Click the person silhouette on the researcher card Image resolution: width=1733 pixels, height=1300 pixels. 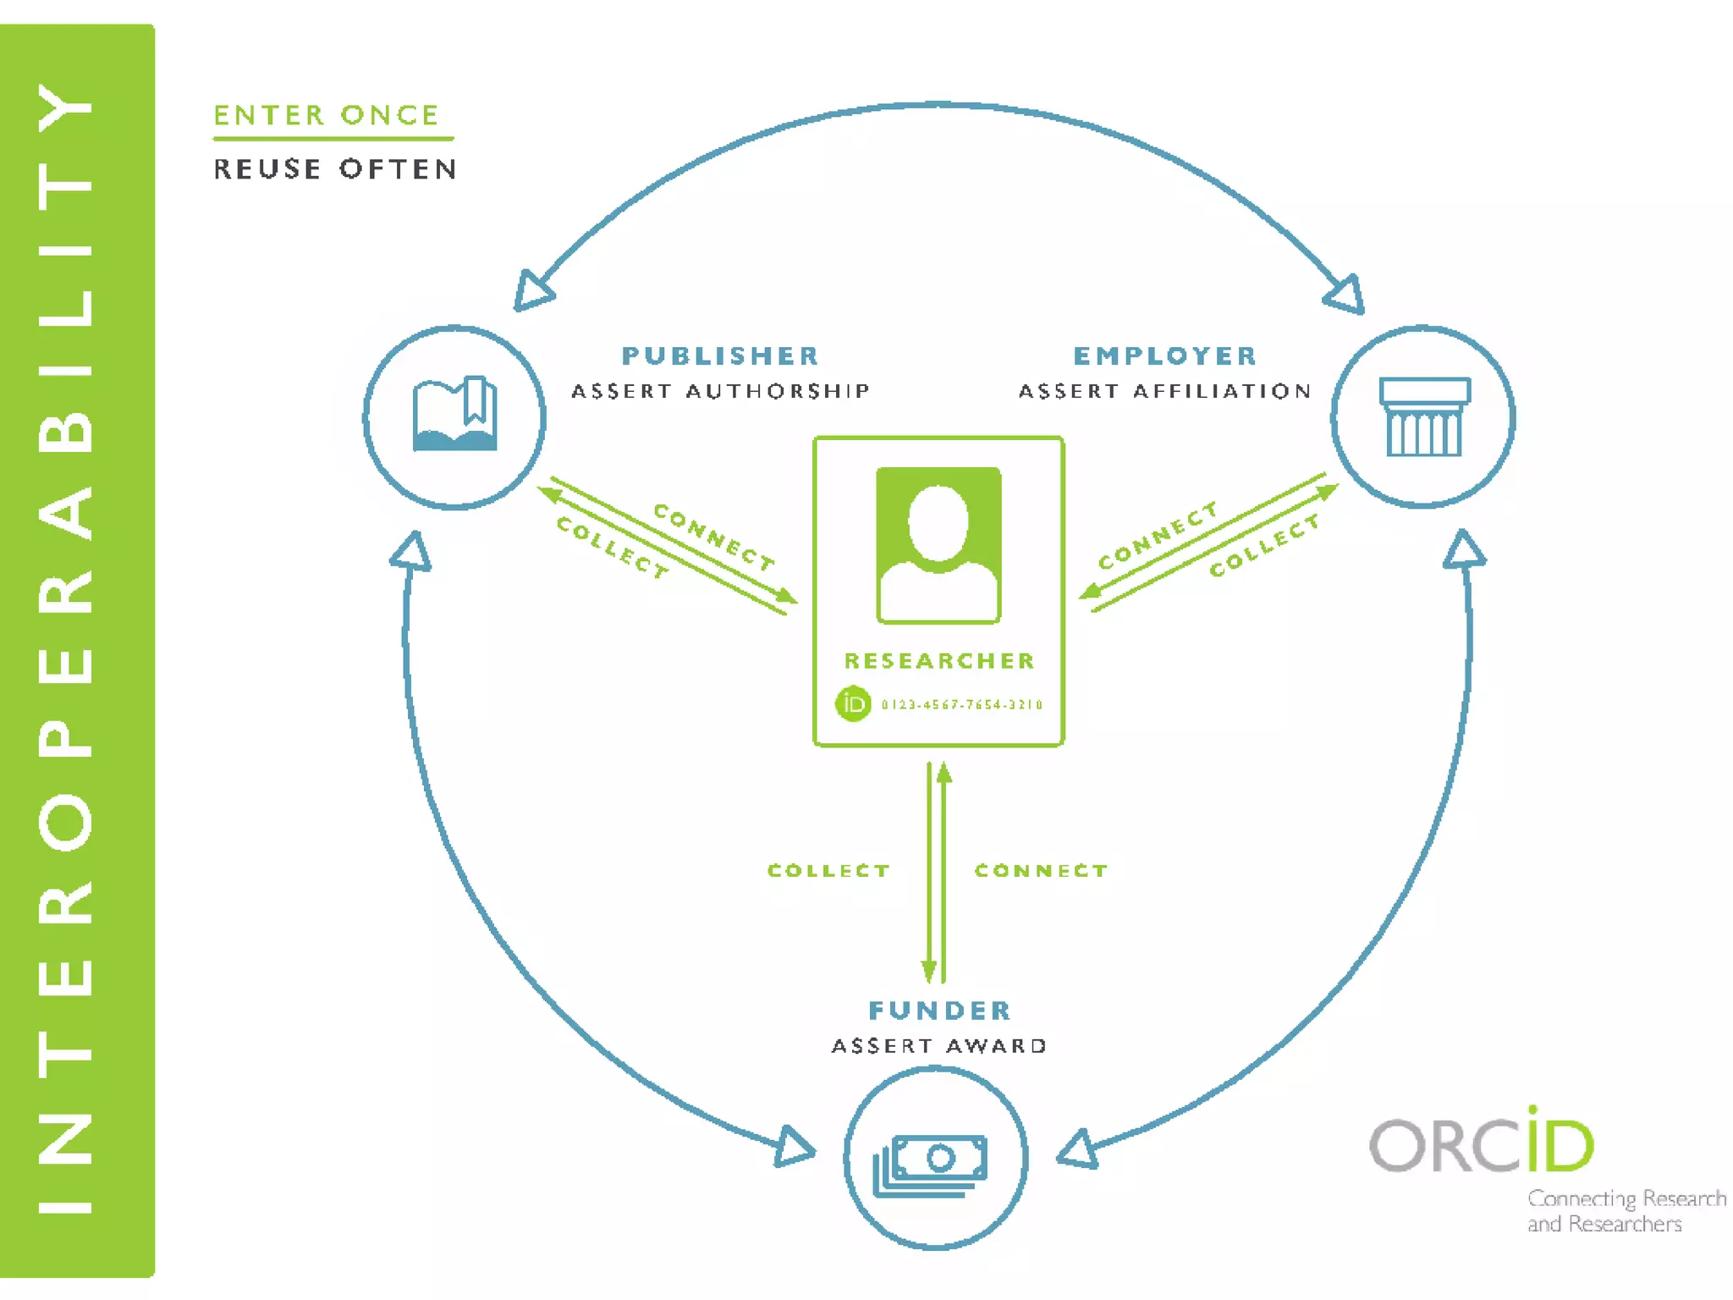tap(938, 545)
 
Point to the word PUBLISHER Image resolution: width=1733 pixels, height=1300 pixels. tap(720, 355)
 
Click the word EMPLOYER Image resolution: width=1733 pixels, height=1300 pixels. tap(1165, 355)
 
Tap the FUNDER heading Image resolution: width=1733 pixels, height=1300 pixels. tap(939, 1010)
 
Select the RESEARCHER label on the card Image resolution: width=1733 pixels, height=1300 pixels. tap(939, 660)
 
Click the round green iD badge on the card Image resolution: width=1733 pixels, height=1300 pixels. tap(853, 703)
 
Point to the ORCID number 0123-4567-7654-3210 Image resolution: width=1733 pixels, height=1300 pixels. tap(962, 704)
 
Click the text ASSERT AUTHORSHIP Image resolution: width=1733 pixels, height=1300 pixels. tap(720, 391)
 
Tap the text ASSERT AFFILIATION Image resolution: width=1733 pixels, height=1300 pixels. tap(1165, 391)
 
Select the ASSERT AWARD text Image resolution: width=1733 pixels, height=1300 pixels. tap(939, 1046)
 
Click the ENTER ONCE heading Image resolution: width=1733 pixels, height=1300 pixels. tap(326, 115)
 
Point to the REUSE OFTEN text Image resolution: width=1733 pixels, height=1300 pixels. tap(335, 169)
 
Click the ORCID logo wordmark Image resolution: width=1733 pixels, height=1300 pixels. tap(1481, 1143)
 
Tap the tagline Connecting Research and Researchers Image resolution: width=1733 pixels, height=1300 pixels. tap(1625, 1211)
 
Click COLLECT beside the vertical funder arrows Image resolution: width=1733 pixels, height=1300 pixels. tap(828, 871)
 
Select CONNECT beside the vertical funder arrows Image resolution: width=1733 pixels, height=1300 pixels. tap(1041, 871)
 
